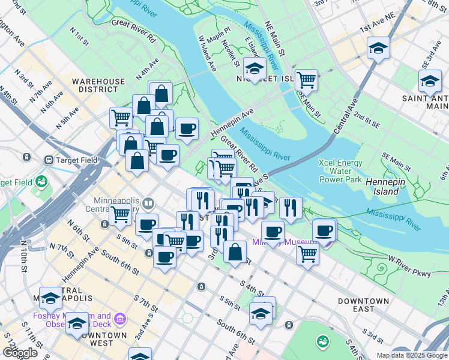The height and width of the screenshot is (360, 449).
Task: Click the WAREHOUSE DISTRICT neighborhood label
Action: tap(98, 85)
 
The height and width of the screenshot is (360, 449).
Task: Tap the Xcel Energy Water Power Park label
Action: tap(341, 171)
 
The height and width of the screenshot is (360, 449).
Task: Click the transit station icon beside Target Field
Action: tap(49, 160)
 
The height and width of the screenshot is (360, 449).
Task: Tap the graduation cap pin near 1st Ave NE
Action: tap(378, 47)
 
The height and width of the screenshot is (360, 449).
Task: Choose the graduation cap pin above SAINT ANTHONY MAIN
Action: tap(430, 80)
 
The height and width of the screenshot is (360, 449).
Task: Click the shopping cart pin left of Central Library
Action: tap(121, 213)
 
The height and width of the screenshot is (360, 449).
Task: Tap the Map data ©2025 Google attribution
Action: tap(411, 355)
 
